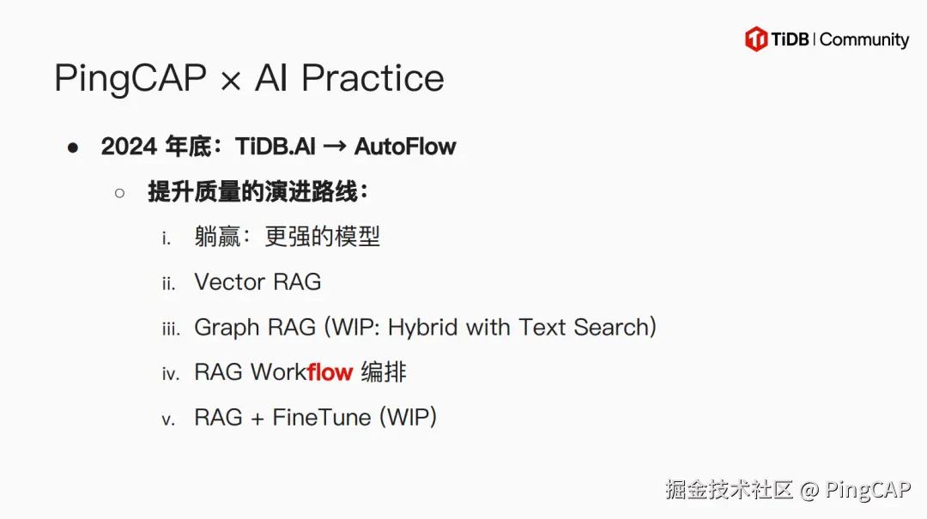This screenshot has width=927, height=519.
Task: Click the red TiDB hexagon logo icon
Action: click(x=756, y=39)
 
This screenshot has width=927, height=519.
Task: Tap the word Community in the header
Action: click(x=864, y=39)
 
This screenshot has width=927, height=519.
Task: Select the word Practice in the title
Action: click(x=373, y=79)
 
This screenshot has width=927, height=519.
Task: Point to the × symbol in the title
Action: click(x=230, y=81)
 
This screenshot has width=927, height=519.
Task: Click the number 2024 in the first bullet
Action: click(x=128, y=147)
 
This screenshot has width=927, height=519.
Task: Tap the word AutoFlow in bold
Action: click(x=405, y=147)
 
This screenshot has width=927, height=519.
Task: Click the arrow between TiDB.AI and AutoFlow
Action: click(x=334, y=147)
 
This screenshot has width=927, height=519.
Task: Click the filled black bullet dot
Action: click(x=73, y=148)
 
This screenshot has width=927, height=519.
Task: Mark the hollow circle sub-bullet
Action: click(x=120, y=192)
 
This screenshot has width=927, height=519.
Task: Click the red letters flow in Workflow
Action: click(x=330, y=372)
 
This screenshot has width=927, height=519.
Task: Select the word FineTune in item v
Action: click(x=322, y=418)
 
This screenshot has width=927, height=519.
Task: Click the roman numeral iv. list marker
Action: click(x=171, y=374)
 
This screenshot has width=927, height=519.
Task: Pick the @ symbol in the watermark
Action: click(x=809, y=491)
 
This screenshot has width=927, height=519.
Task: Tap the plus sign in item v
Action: click(x=257, y=419)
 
